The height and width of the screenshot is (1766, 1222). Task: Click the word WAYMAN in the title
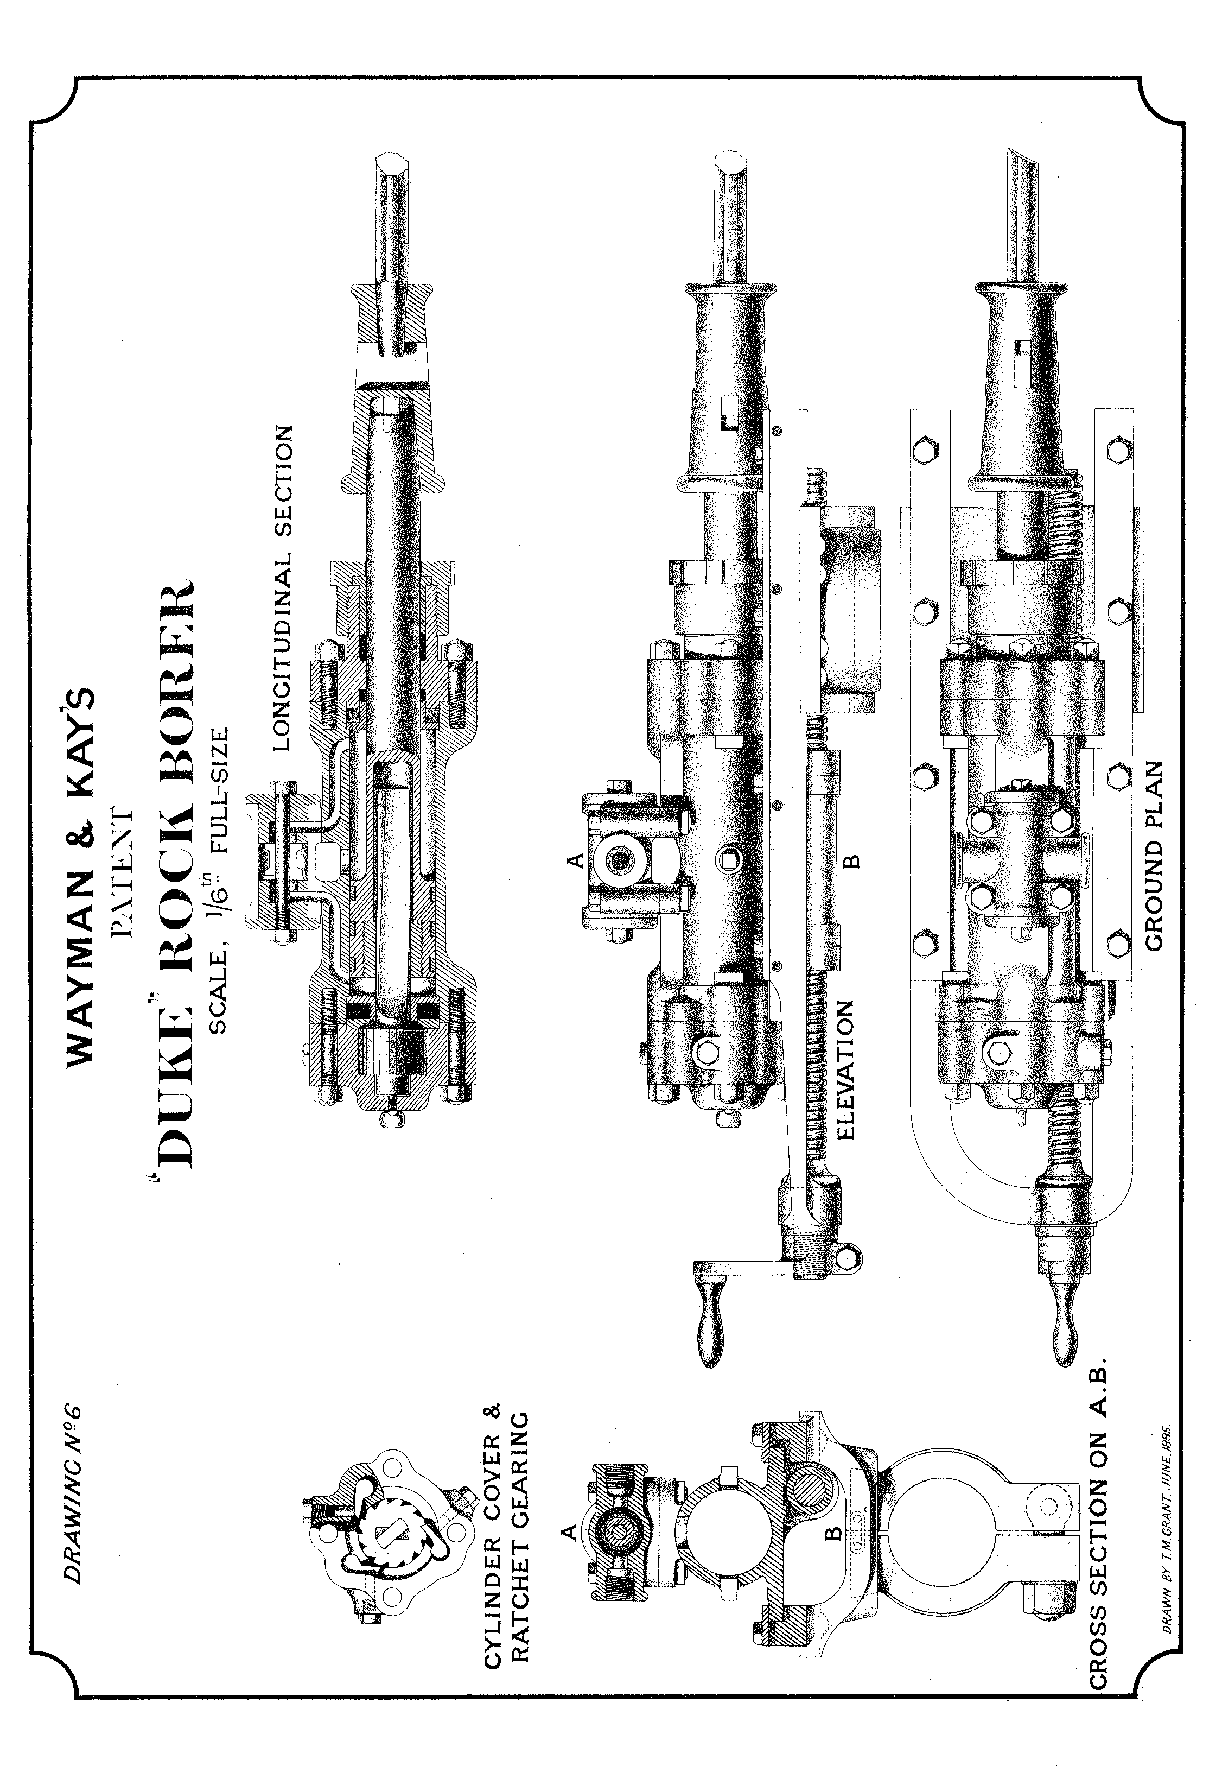click(x=80, y=950)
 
